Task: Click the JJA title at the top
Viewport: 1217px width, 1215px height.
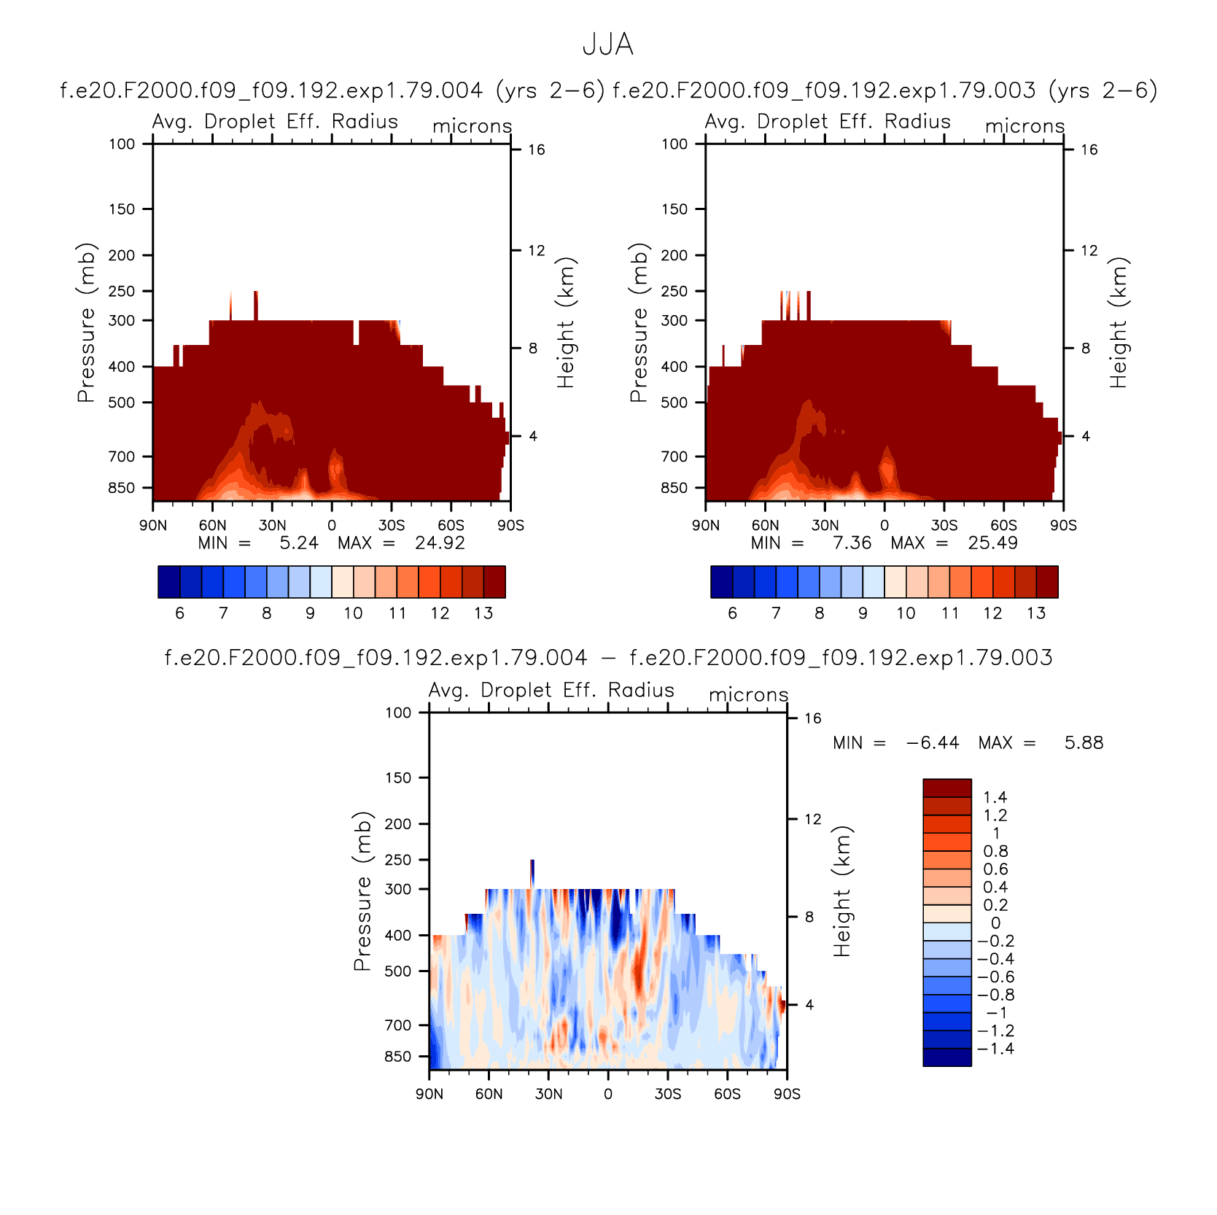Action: tap(608, 45)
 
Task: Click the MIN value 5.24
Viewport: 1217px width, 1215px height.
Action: tap(299, 543)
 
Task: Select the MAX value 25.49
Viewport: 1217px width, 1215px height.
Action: tap(992, 543)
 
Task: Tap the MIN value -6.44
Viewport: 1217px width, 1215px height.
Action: tap(933, 743)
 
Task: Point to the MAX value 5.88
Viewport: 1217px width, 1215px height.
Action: tap(1084, 743)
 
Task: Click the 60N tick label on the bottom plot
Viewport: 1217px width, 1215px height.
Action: tap(489, 1094)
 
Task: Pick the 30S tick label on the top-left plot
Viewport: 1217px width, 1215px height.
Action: tap(392, 526)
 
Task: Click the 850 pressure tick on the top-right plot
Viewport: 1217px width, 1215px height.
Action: tap(674, 488)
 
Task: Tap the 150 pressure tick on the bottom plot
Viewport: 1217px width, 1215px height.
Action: tap(398, 778)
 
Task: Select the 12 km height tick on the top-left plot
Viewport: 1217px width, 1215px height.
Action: tap(537, 251)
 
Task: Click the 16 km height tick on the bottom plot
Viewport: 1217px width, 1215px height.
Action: tap(813, 719)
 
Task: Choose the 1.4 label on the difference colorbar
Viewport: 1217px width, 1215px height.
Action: tap(995, 798)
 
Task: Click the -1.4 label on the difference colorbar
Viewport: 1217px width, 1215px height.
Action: tap(995, 1049)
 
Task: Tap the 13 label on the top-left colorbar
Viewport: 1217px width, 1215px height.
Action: tap(483, 613)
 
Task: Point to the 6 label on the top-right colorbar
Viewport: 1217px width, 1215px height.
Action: tap(732, 613)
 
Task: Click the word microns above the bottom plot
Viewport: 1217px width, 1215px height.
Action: tap(749, 695)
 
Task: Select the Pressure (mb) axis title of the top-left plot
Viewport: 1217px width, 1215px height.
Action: tap(86, 322)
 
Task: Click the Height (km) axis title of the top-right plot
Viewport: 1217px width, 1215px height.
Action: tap(1119, 322)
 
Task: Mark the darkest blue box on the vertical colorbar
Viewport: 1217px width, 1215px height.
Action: tap(947, 1057)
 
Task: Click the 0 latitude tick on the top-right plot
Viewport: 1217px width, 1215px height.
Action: tap(884, 526)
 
